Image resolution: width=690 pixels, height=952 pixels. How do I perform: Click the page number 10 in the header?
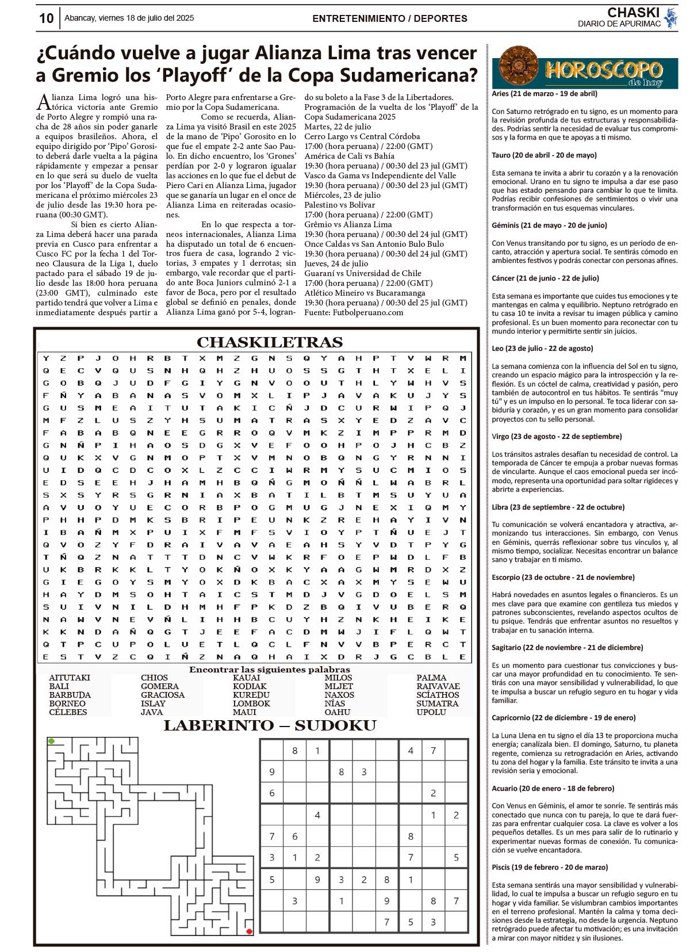(46, 18)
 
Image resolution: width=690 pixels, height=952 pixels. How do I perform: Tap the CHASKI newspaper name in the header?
(633, 13)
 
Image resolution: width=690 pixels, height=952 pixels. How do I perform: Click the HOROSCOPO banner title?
(604, 71)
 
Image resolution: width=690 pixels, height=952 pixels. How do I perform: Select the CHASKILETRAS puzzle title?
(270, 342)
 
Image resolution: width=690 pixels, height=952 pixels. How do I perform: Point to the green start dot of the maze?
(52, 741)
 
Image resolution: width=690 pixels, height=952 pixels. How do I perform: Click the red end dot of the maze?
(249, 931)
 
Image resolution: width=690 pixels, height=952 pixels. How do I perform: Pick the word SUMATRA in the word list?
(437, 704)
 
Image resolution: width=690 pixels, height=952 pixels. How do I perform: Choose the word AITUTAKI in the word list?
(70, 678)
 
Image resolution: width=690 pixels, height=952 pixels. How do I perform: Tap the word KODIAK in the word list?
(250, 686)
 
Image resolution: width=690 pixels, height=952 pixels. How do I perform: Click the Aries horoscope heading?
(545, 93)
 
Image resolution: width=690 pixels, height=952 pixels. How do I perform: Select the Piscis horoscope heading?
(550, 867)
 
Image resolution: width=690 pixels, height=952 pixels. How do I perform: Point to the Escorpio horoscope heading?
(563, 577)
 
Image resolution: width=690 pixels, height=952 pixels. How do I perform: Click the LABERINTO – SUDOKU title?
(270, 726)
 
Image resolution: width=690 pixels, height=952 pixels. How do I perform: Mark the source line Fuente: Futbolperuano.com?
(354, 312)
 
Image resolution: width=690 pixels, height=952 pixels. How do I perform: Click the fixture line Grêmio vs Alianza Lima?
(348, 224)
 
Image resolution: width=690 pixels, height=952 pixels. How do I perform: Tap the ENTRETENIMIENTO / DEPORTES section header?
(389, 18)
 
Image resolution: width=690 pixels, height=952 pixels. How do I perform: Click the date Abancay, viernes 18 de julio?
(129, 18)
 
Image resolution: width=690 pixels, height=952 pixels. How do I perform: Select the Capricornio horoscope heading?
(563, 717)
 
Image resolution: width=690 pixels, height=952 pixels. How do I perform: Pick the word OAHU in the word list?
(337, 712)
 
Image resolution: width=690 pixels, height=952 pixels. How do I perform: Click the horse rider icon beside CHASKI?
(670, 17)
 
